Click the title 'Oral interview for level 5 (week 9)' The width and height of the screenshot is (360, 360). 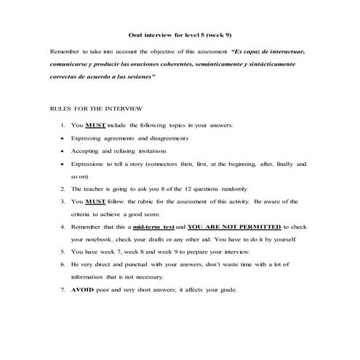(x=180, y=35)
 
